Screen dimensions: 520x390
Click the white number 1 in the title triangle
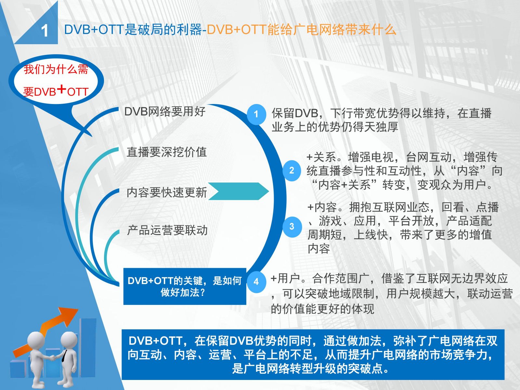tap(45, 31)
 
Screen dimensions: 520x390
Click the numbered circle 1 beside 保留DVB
tap(256, 114)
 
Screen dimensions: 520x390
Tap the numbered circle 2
tap(292, 171)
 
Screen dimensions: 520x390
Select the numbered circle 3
tap(292, 227)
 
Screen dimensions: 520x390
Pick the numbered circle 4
tap(256, 282)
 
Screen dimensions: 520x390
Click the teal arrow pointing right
tap(238, 191)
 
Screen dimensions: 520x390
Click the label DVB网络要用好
tap(165, 111)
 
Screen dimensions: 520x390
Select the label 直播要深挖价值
tap(167, 152)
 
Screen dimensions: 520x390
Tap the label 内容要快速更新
tap(167, 192)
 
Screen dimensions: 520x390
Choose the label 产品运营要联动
tap(167, 230)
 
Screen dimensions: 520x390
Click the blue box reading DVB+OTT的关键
tap(185, 286)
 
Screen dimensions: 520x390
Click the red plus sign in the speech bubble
tap(62, 89)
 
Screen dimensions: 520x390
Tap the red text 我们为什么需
tap(56, 70)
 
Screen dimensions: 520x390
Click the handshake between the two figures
tap(53, 357)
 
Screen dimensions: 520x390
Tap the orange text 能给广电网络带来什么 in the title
tap(332, 30)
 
